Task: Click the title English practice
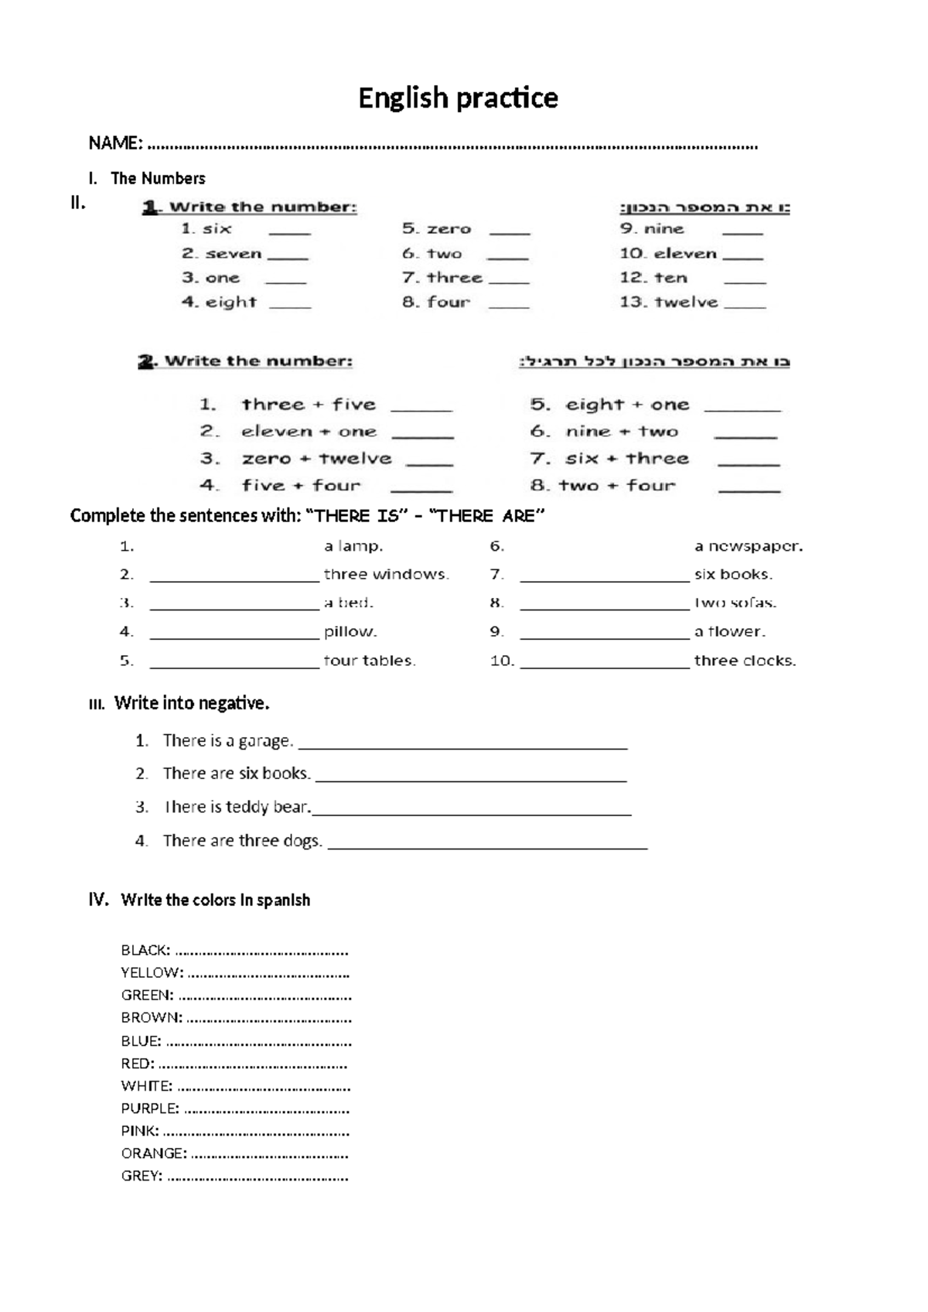pos(458,98)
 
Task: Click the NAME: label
pos(115,143)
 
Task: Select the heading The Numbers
pos(158,179)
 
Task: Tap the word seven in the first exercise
pos(234,254)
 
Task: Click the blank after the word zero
pos(510,231)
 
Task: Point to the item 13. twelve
pos(669,302)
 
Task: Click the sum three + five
pos(309,405)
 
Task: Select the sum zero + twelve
pos(316,459)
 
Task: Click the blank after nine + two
pos(745,436)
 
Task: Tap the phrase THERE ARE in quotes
pos(486,516)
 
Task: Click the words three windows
pos(386,575)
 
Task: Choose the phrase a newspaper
pos(749,547)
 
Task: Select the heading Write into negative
pos(191,703)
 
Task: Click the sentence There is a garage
pos(227,741)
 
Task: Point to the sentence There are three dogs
pos(242,841)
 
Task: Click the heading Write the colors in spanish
pos(215,900)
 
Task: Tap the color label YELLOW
pos(152,973)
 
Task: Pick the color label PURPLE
pos(149,1109)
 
